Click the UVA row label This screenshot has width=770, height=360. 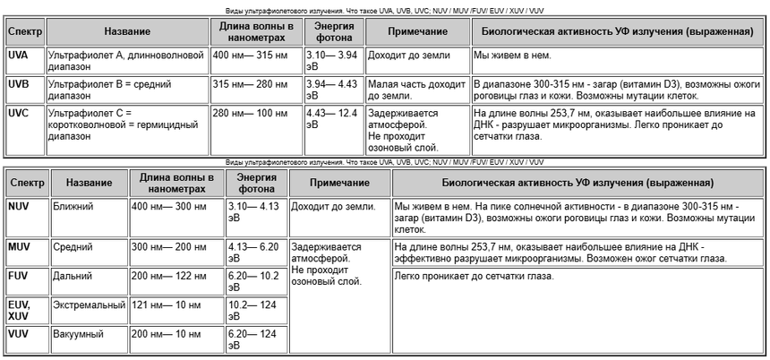click(x=17, y=56)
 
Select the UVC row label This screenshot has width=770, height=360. click(x=18, y=114)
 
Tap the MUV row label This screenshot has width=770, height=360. click(x=19, y=245)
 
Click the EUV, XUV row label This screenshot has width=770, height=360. click(x=19, y=310)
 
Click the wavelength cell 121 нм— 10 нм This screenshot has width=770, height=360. click(x=169, y=305)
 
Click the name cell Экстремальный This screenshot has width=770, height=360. click(x=89, y=305)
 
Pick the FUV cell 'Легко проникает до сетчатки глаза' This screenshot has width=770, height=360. click(x=475, y=276)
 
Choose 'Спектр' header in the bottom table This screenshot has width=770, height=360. click(x=27, y=183)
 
